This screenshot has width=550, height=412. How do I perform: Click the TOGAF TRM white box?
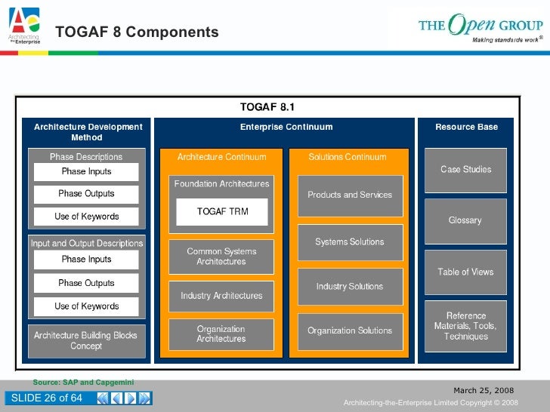click(222, 212)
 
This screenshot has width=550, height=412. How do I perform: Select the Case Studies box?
click(465, 170)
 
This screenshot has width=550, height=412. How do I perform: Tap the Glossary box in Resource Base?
click(465, 220)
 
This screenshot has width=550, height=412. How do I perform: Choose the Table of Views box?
click(465, 272)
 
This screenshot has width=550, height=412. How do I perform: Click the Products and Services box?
click(350, 195)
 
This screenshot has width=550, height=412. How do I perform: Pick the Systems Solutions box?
click(350, 242)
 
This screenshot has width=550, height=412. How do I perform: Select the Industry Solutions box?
click(350, 287)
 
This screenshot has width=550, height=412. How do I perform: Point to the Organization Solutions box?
click(350, 331)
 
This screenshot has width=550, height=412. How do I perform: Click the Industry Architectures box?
click(221, 296)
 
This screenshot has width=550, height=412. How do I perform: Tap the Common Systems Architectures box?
click(221, 257)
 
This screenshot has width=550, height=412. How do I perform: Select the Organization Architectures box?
click(221, 334)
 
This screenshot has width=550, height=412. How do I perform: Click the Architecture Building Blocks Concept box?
click(86, 340)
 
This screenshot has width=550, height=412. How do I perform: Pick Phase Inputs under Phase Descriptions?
click(86, 172)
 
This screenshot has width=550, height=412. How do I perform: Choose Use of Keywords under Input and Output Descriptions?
click(86, 306)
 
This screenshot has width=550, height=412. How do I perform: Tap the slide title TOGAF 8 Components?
click(137, 32)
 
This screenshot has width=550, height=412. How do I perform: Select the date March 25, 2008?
click(484, 390)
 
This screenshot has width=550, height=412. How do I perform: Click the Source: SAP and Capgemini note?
click(83, 383)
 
